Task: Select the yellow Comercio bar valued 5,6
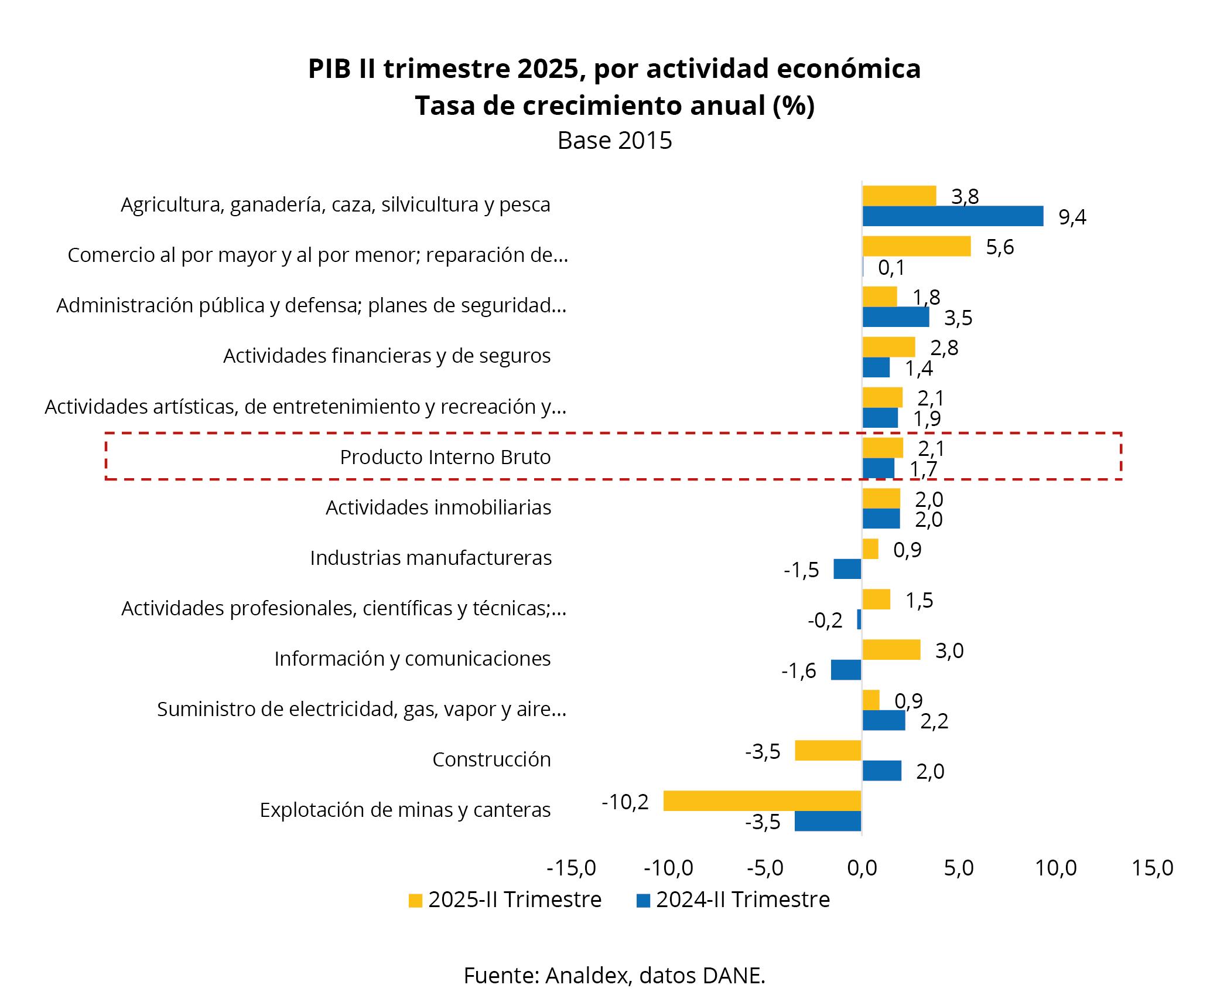(916, 246)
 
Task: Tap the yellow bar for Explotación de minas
(762, 800)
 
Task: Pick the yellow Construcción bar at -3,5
(828, 750)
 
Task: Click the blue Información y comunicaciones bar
(846, 670)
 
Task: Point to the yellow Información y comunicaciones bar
(891, 649)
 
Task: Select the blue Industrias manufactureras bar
(847, 569)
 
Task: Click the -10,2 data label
(625, 802)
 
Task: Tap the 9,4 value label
(1072, 217)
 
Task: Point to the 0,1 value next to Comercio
(891, 268)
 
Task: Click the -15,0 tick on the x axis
(571, 868)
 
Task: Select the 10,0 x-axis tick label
(1056, 868)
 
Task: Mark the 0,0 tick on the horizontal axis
(862, 868)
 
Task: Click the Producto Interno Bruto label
(445, 457)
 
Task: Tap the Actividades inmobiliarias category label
(438, 507)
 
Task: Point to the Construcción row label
(491, 759)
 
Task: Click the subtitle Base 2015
(614, 141)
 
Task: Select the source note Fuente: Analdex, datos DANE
(614, 975)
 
